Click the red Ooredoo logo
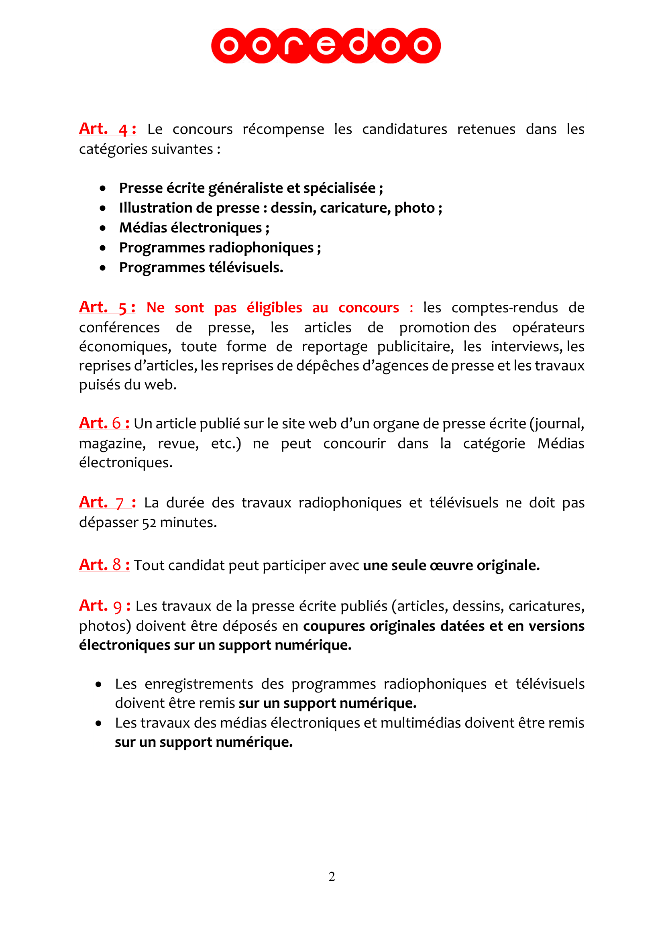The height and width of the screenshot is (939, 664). (326, 45)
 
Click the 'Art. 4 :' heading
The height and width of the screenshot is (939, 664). (107, 129)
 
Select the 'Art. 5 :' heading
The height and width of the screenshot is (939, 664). (107, 307)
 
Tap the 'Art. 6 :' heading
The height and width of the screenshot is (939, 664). (104, 423)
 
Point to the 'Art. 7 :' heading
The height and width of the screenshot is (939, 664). (107, 502)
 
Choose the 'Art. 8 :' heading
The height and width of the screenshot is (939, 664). (104, 565)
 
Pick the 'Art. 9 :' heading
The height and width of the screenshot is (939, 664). (105, 606)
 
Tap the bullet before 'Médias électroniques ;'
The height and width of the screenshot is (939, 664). (103, 228)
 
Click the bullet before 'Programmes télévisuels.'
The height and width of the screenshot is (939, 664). (103, 268)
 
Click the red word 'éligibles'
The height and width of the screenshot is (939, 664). (274, 308)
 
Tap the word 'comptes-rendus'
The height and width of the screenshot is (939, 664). (505, 308)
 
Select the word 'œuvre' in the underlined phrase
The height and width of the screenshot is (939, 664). (451, 565)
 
